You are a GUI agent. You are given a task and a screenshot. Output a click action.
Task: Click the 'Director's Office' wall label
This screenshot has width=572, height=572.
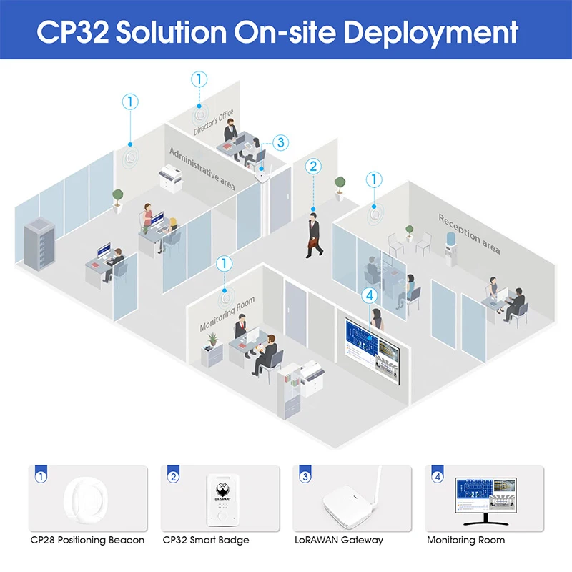tap(213, 122)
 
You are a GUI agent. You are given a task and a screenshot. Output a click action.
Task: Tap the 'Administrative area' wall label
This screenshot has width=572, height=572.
tap(202, 169)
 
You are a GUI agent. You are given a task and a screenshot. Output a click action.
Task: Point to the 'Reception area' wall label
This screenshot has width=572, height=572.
tap(469, 233)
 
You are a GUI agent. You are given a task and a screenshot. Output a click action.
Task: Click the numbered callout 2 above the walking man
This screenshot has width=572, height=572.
tap(312, 167)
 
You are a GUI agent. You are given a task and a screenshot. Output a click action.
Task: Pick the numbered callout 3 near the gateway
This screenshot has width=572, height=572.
tap(282, 142)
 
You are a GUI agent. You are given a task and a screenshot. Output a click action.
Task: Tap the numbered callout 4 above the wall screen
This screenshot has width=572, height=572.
tap(369, 295)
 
